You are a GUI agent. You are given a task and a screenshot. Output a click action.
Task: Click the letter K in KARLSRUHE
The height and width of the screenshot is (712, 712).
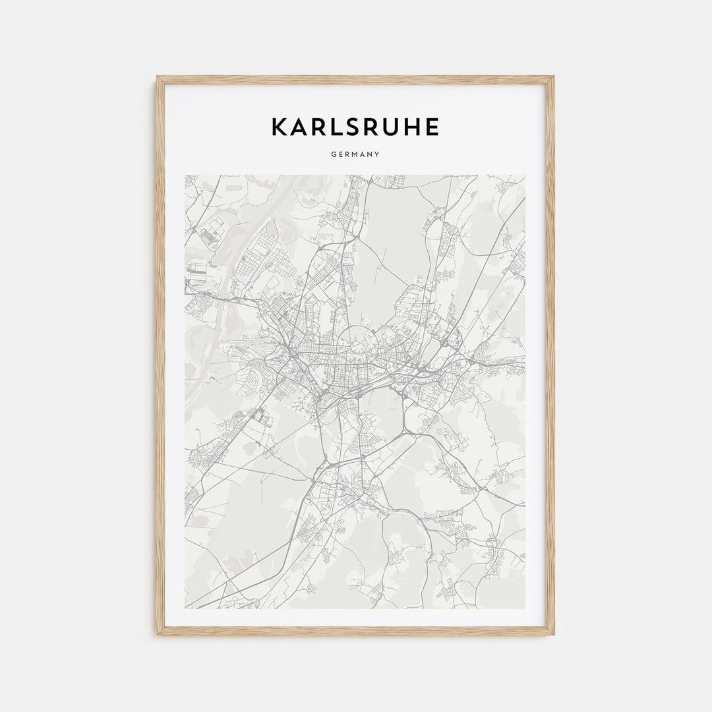[280, 127]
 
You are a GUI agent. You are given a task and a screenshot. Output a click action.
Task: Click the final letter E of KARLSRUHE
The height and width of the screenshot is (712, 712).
[432, 127]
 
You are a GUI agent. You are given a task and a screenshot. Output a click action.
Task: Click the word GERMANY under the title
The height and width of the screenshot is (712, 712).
[356, 155]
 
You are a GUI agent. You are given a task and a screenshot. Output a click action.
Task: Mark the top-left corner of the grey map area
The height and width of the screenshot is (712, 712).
[185, 175]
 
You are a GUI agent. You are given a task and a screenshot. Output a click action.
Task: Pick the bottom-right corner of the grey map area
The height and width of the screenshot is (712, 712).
[525, 608]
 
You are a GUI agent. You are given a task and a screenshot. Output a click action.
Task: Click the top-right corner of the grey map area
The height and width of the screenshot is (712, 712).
[525, 175]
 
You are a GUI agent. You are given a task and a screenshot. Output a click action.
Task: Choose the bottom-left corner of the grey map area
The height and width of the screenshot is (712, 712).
[185, 608]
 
